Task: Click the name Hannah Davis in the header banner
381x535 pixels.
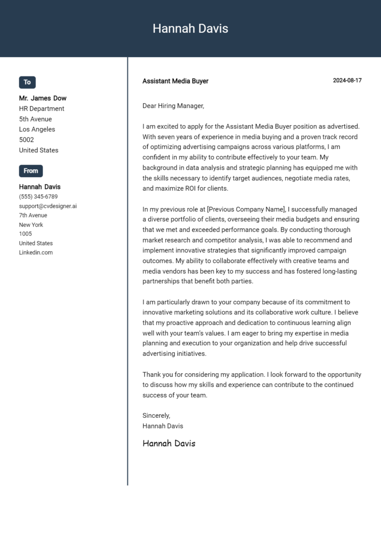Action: [190, 29]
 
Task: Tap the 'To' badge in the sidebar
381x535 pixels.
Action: [27, 82]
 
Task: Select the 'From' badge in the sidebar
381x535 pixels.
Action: [31, 171]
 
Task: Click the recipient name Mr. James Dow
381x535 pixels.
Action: [43, 98]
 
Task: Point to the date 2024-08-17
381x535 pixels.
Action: [347, 80]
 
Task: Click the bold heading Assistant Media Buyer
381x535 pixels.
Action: [175, 81]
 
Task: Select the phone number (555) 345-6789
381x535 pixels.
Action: [38, 197]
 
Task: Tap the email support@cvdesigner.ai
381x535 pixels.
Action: [48, 206]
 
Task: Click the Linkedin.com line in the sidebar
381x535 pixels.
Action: [36, 253]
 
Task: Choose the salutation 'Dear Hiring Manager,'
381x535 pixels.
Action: [173, 106]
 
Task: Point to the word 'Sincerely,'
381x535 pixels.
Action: [156, 415]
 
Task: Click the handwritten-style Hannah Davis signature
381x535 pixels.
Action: [169, 443]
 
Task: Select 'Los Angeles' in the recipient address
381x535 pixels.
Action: [37, 130]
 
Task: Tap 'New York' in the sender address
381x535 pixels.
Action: [31, 225]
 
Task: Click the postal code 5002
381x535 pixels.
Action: [26, 140]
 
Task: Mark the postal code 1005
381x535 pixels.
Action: [25, 234]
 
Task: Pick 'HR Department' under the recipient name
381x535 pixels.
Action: [42, 109]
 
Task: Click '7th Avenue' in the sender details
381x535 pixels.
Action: [33, 215]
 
